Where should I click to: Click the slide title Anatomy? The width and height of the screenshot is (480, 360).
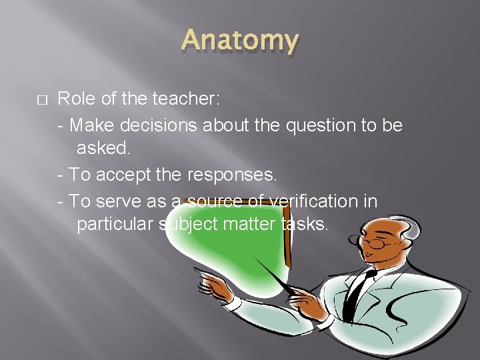[240, 41]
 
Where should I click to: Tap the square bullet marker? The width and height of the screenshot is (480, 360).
[41, 100]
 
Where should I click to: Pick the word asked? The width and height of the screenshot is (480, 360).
[103, 149]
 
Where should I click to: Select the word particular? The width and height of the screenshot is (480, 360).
[117, 224]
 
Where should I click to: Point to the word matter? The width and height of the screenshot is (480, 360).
[249, 224]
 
